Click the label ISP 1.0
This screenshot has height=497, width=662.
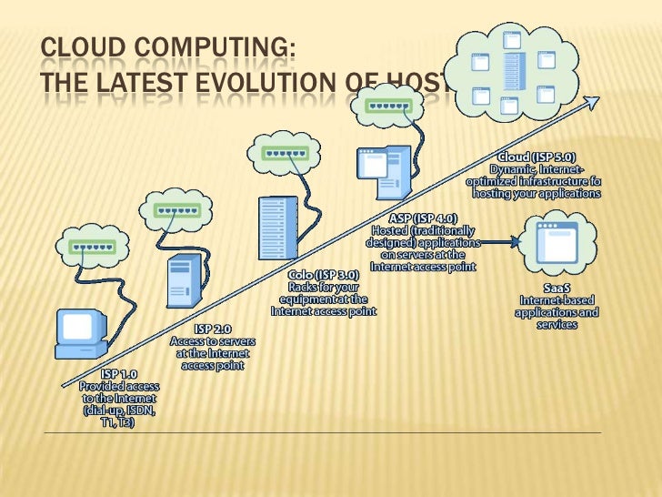pos(119,374)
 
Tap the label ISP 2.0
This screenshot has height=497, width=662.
pos(215,328)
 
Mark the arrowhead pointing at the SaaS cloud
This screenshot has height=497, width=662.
pos(518,241)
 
